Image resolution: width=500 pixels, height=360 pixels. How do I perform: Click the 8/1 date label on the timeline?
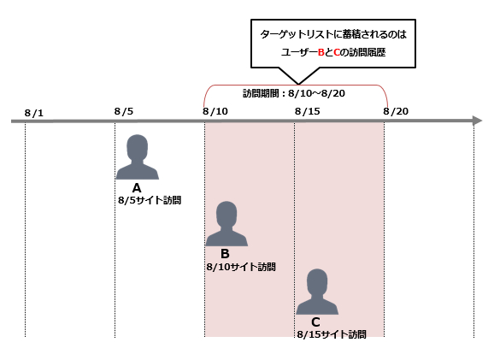(x=34, y=113)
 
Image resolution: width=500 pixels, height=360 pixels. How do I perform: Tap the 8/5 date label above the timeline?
(x=124, y=111)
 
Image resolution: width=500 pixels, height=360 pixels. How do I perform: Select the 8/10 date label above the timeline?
(x=215, y=111)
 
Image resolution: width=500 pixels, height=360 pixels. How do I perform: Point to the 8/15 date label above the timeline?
(x=308, y=111)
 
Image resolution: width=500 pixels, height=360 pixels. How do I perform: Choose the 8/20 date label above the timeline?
(x=396, y=111)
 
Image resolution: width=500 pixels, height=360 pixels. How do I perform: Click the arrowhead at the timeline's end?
(x=478, y=121)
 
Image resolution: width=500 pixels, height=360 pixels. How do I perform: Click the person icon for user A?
(x=137, y=156)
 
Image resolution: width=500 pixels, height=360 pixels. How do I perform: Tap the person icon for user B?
(x=226, y=224)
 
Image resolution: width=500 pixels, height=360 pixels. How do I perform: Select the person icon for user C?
(x=317, y=292)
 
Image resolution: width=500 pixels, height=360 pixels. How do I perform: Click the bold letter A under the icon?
(x=137, y=188)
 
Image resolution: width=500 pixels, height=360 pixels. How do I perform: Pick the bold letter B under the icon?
(x=225, y=254)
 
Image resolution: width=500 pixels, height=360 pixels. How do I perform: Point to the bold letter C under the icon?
(x=315, y=322)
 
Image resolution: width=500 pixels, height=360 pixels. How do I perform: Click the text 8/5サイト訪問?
(x=150, y=200)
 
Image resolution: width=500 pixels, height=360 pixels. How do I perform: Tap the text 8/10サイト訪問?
(x=241, y=267)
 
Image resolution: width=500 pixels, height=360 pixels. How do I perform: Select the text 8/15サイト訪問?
(x=332, y=334)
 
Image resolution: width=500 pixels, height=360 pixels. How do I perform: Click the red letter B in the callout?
(x=321, y=52)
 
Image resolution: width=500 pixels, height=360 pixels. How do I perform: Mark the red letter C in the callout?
(x=337, y=52)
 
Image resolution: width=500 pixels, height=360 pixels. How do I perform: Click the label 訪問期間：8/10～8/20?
(x=294, y=93)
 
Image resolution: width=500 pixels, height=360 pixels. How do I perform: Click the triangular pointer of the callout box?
(x=299, y=76)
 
